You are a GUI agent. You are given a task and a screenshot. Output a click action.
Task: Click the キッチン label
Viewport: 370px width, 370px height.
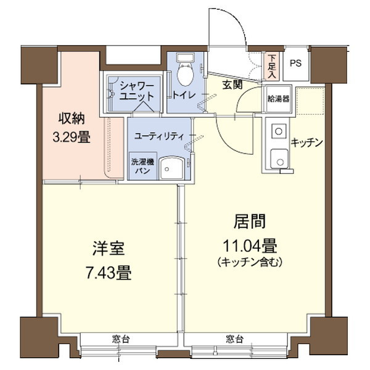coord(307,142)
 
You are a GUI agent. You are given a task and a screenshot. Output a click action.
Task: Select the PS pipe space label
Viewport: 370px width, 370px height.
coord(296,63)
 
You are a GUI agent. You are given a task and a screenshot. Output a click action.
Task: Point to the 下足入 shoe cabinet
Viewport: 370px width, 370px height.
coord(272,64)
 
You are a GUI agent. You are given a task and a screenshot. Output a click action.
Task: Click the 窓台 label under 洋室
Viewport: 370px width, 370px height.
coord(121,339)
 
